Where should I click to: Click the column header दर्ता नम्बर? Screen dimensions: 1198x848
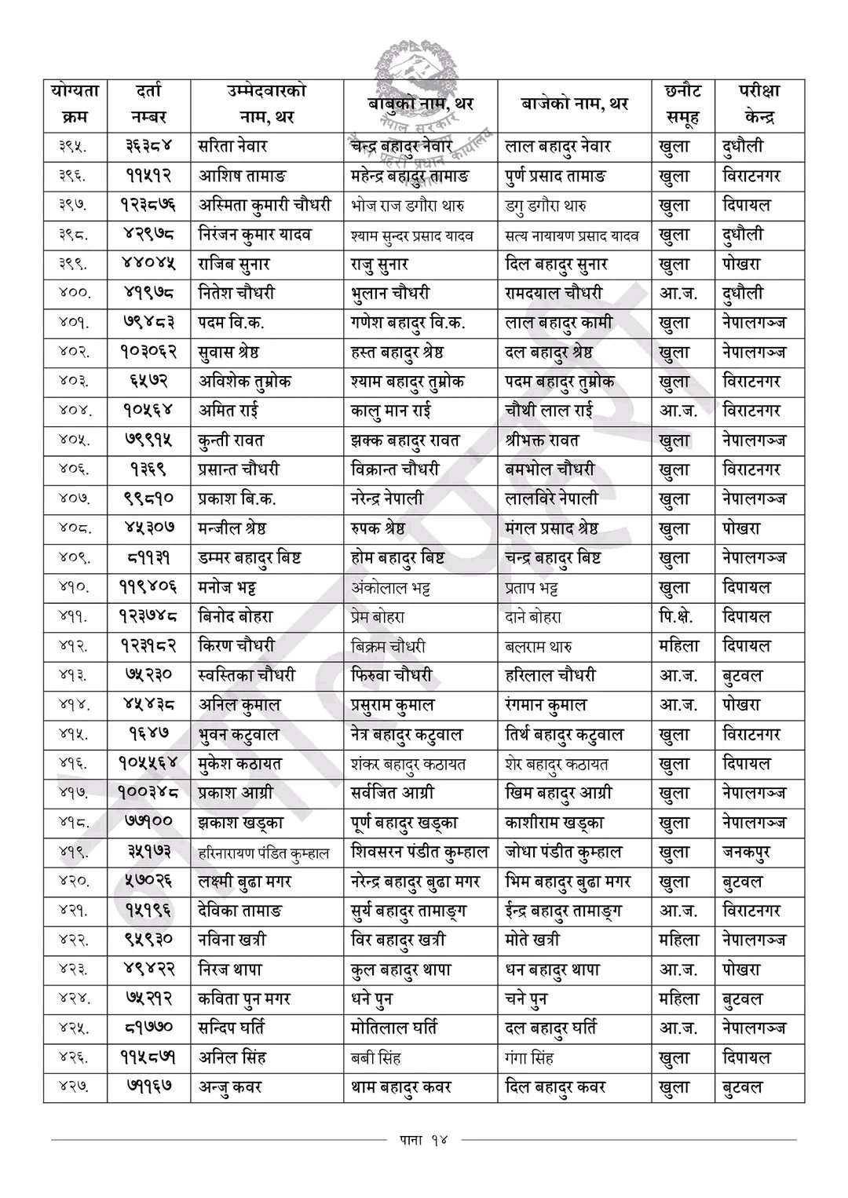148,104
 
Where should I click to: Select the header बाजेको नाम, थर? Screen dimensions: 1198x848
574,104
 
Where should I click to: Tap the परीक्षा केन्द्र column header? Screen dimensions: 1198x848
758,104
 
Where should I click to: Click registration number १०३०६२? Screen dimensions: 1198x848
148,352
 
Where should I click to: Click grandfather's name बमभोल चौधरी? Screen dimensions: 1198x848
550,470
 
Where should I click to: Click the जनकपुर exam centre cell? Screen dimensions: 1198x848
746,852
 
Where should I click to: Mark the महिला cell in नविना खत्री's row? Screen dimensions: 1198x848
678,940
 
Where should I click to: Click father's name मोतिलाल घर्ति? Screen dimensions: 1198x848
394,1028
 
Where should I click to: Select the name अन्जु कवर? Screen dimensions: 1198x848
229,1087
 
